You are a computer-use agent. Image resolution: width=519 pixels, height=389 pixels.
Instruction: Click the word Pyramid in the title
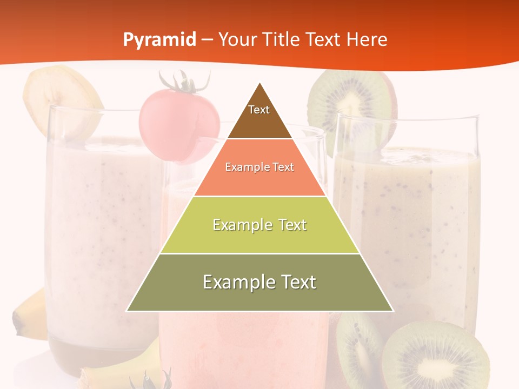pos(159,40)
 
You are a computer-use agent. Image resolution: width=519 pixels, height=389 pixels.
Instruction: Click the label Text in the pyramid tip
pos(259,110)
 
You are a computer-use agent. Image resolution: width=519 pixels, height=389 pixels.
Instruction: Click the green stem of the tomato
pos(184,82)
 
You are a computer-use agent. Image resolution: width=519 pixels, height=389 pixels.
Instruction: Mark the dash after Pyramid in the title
pos(207,40)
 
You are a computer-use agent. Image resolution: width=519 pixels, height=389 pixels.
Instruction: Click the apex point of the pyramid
pos(260,83)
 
